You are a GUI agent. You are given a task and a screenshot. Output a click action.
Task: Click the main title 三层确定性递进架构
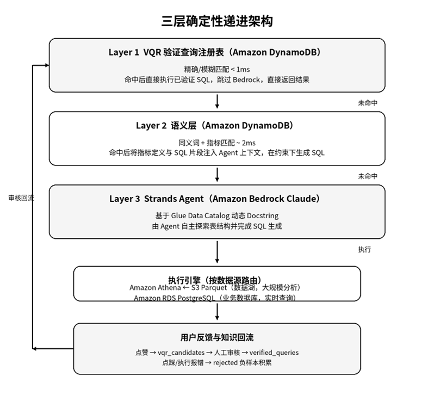click(217, 21)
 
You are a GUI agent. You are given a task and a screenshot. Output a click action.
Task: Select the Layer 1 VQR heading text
click(217, 52)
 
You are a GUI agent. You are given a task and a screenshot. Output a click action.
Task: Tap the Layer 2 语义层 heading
click(217, 126)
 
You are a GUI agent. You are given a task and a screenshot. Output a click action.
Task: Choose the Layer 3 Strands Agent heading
click(217, 199)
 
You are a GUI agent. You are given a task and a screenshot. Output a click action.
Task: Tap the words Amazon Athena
click(155, 287)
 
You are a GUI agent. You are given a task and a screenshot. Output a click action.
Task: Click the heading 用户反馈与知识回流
click(217, 337)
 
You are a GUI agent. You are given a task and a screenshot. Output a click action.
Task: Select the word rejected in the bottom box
click(226, 362)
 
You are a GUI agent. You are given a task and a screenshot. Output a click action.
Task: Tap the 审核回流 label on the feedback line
click(21, 198)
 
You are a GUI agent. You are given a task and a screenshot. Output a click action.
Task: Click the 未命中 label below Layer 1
click(368, 103)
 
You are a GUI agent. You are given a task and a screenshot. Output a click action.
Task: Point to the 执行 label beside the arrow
click(364, 249)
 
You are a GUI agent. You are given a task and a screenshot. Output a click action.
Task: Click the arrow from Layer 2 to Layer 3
click(217, 175)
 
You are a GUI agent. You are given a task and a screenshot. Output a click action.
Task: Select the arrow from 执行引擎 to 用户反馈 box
click(217, 311)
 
